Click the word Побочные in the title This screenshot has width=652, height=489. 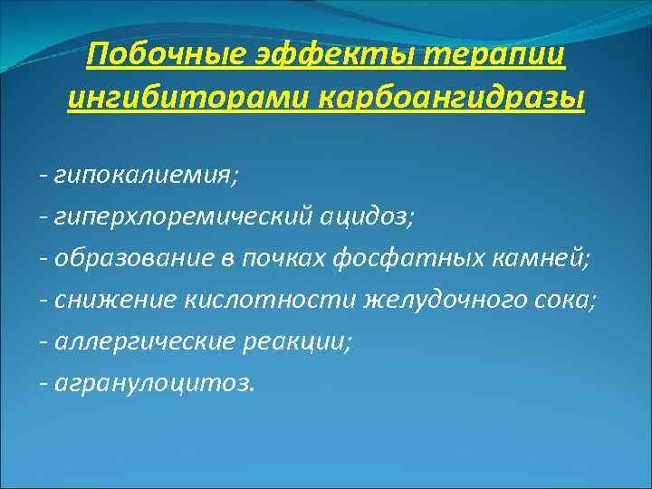coord(161,56)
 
